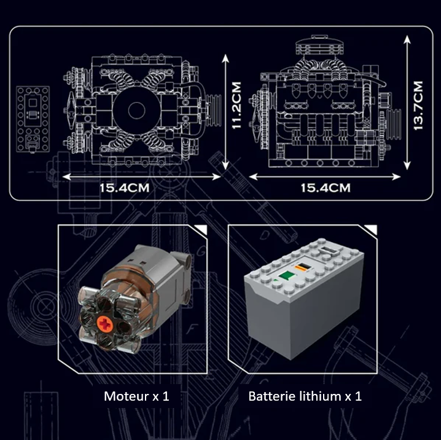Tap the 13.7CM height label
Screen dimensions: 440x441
point(419,105)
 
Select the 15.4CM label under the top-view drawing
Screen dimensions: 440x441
point(125,187)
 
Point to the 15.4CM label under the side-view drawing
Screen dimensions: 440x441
point(326,187)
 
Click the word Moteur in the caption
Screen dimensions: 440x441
point(121,396)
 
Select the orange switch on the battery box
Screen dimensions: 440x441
point(303,268)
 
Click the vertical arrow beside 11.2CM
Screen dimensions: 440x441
point(226,111)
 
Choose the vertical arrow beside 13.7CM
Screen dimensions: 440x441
point(407,102)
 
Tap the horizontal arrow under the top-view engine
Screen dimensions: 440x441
point(141,176)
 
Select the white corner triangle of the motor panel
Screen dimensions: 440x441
point(198,230)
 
